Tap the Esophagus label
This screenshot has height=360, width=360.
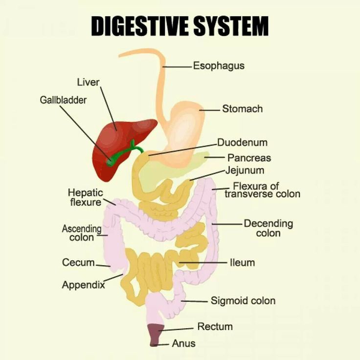tap(218, 66)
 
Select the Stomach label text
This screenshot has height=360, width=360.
tap(242, 109)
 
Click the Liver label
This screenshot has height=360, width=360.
tap(88, 82)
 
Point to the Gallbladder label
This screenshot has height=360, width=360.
tap(63, 100)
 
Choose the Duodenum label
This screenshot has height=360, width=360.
tap(242, 143)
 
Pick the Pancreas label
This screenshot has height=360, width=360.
tap(249, 158)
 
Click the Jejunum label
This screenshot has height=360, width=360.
tap(245, 171)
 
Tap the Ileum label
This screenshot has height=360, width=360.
tap(242, 263)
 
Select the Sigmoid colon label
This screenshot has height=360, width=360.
tap(243, 300)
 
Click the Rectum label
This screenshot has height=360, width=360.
tap(215, 326)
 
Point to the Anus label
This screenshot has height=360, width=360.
tap(183, 343)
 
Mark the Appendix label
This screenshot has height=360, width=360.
tap(83, 285)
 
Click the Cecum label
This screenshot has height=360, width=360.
tap(78, 263)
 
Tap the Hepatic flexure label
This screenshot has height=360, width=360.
tap(85, 197)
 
